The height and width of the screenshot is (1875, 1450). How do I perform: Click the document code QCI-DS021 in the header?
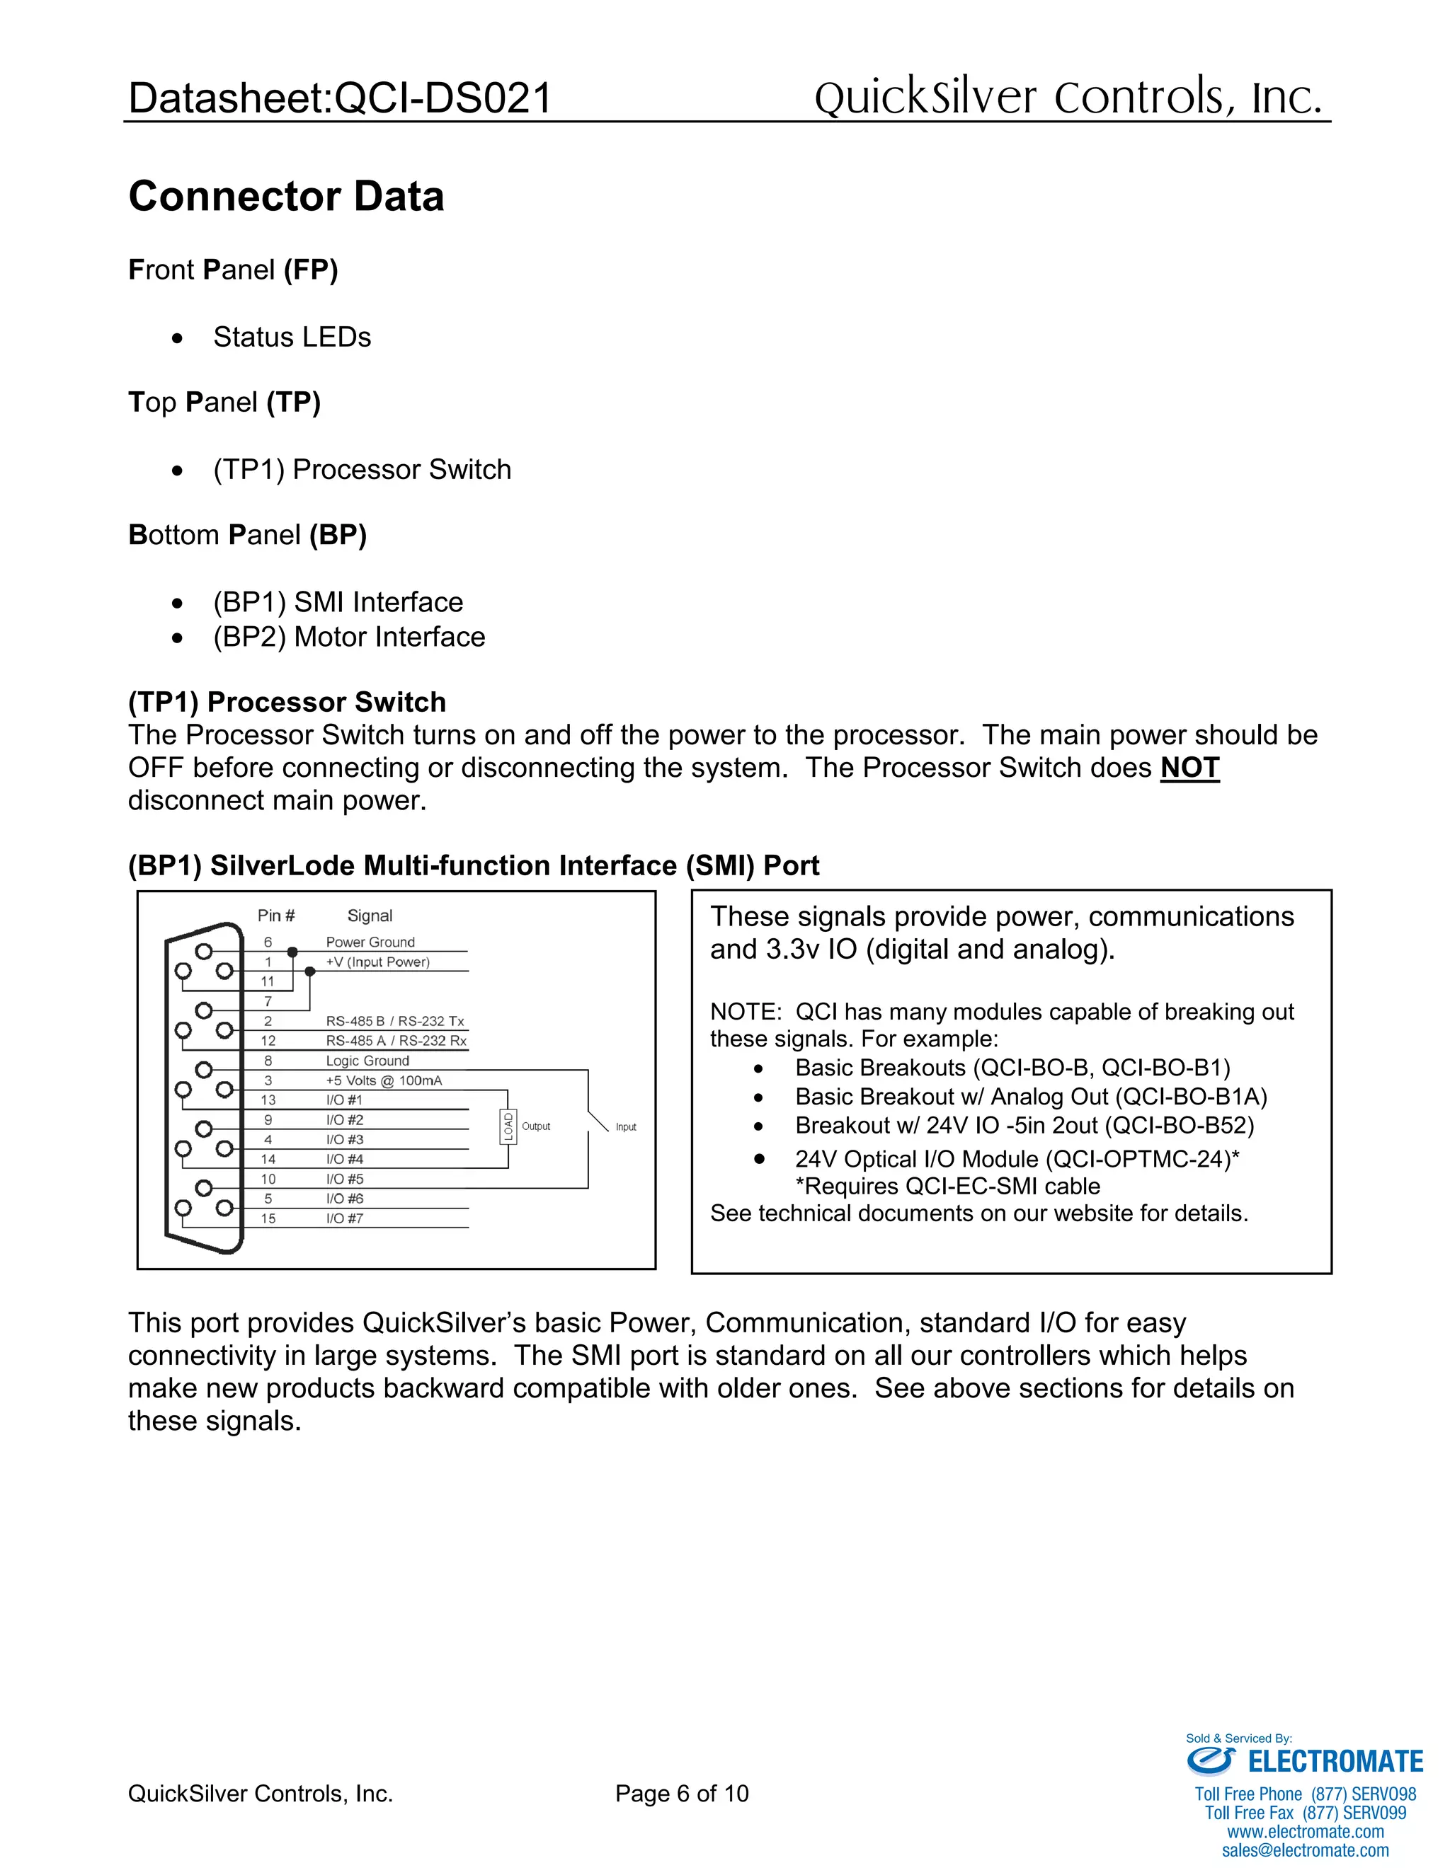click(443, 98)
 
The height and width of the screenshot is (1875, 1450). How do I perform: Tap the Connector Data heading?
click(286, 197)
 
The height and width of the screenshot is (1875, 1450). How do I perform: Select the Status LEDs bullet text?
click(292, 337)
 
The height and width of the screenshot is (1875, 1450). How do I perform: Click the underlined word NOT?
click(1189, 768)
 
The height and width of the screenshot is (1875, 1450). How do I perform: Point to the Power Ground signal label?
click(370, 942)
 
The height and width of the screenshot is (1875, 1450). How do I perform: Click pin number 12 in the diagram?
click(268, 1041)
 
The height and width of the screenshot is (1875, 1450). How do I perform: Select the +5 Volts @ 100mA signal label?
click(383, 1080)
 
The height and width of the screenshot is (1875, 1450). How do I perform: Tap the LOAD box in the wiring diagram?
click(508, 1126)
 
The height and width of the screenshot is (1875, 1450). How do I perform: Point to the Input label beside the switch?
click(625, 1127)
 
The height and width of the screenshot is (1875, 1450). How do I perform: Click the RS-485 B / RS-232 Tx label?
click(394, 1021)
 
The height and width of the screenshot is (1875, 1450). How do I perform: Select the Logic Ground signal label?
click(367, 1061)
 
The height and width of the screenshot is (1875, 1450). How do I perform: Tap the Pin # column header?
click(275, 916)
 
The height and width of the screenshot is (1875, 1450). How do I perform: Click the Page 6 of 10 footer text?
click(681, 1794)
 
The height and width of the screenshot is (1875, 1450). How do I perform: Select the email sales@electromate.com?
click(1305, 1850)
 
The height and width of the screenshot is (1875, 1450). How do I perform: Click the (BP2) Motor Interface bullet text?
click(349, 637)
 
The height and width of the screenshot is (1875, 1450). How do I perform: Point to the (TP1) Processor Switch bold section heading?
click(287, 703)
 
